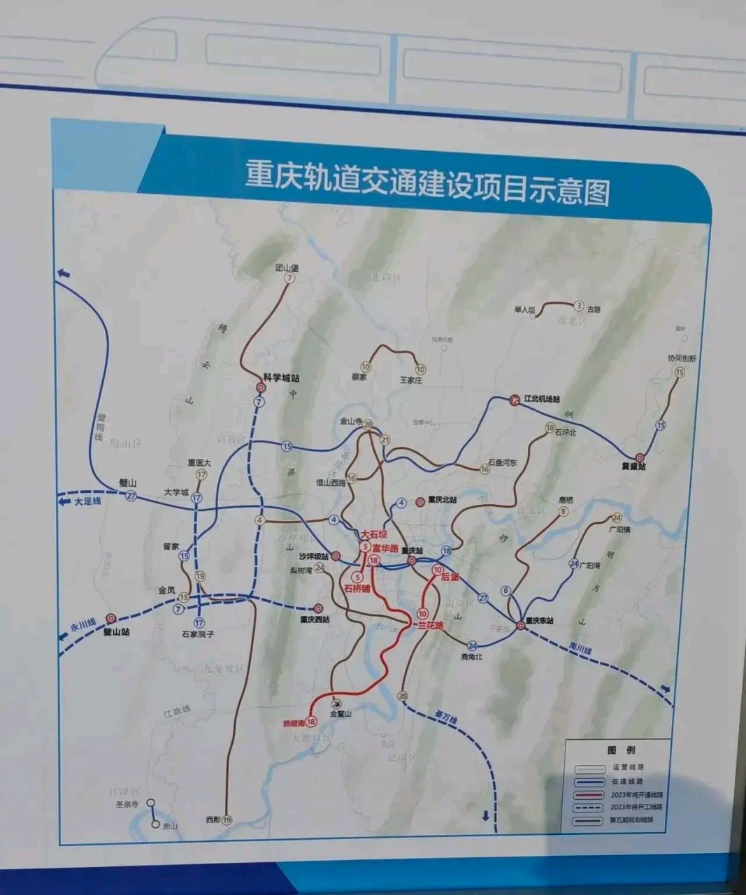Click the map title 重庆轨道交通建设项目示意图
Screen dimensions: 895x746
[426, 182]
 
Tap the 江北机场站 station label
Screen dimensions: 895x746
[543, 399]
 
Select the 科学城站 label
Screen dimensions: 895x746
[281, 378]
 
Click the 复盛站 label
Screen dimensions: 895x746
[633, 466]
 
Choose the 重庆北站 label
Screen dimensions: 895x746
[441, 501]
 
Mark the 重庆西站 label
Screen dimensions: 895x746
[315, 619]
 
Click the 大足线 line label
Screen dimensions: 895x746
[88, 501]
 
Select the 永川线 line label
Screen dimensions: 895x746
[82, 624]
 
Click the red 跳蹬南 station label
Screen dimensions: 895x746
[294, 722]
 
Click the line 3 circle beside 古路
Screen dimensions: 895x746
[578, 306]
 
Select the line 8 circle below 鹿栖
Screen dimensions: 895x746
[564, 513]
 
